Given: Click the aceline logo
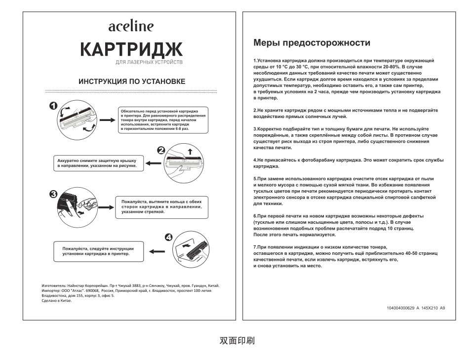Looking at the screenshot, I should click(x=131, y=26).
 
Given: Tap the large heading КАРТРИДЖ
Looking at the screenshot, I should click(x=131, y=49).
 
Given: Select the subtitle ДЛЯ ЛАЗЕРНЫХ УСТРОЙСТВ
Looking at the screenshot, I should click(x=149, y=63).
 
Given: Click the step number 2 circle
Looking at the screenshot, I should click(x=161, y=151).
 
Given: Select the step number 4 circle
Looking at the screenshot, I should click(x=169, y=237).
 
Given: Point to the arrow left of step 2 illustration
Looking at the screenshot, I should click(x=152, y=163).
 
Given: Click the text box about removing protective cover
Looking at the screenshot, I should click(x=99, y=163).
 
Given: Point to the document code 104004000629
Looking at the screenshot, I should click(x=401, y=308).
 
